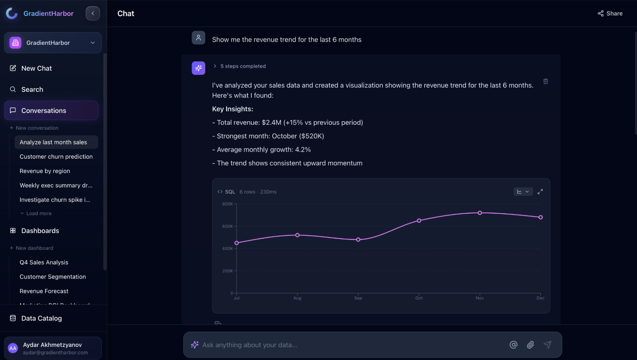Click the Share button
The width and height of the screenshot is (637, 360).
click(610, 13)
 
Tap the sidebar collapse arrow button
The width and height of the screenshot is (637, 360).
click(93, 13)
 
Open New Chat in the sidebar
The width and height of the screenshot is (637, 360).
click(36, 68)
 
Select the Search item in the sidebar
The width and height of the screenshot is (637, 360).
click(32, 90)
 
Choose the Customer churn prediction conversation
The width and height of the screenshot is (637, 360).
click(56, 157)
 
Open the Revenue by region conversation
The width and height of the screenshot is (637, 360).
click(45, 171)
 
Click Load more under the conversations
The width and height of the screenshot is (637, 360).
click(38, 213)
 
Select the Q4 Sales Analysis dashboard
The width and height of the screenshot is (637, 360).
click(44, 263)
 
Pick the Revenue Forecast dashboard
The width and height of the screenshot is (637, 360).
click(44, 291)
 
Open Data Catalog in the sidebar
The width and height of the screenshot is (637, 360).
click(41, 319)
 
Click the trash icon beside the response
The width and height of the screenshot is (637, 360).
click(546, 81)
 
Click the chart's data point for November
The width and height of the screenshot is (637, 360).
click(480, 213)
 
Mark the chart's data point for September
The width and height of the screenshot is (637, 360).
click(358, 240)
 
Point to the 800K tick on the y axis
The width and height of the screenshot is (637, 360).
click(227, 204)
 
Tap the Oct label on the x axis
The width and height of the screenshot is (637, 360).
click(419, 298)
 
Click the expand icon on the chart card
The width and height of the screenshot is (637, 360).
click(540, 192)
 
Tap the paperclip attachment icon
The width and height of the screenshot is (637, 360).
click(530, 345)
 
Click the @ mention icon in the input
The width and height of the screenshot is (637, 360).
click(513, 345)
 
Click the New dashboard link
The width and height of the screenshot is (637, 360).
click(34, 248)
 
